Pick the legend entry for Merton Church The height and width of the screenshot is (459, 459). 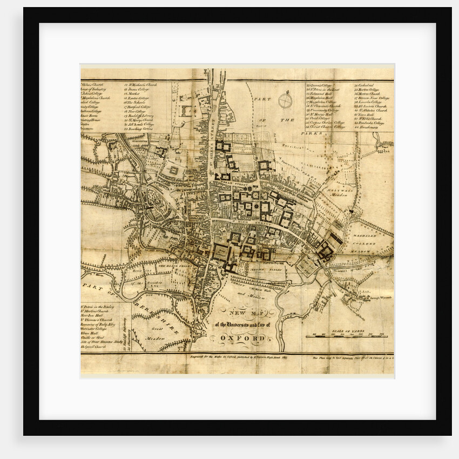pyautogui.click(x=369, y=93)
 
